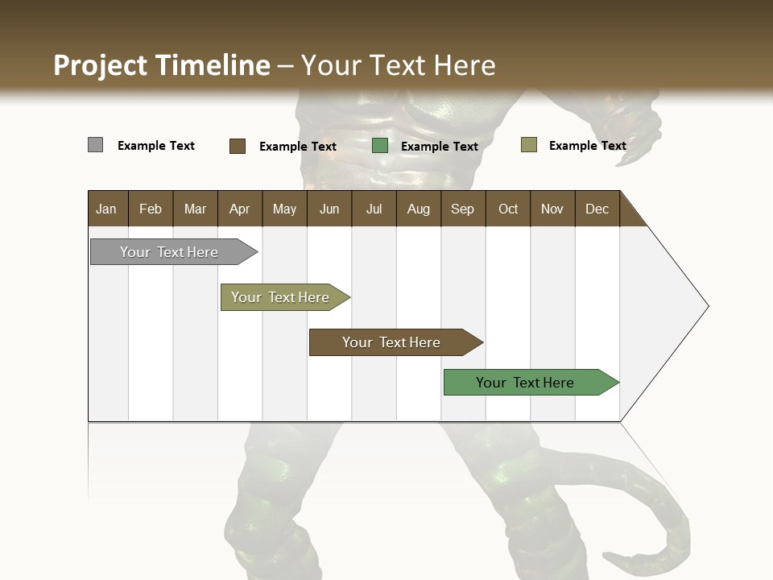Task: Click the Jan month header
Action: click(106, 209)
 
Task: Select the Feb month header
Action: click(151, 209)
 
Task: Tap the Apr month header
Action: click(239, 209)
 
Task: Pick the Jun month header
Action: click(329, 209)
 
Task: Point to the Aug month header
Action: click(418, 209)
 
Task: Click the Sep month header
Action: click(462, 209)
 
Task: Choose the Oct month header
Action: click(508, 209)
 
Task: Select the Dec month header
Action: click(597, 209)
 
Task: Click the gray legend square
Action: click(95, 145)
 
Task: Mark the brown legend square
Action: click(237, 146)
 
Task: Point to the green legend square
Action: click(380, 146)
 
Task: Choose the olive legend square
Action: click(528, 145)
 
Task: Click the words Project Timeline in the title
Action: click(162, 65)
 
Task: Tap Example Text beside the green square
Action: click(439, 147)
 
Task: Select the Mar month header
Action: click(195, 209)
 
